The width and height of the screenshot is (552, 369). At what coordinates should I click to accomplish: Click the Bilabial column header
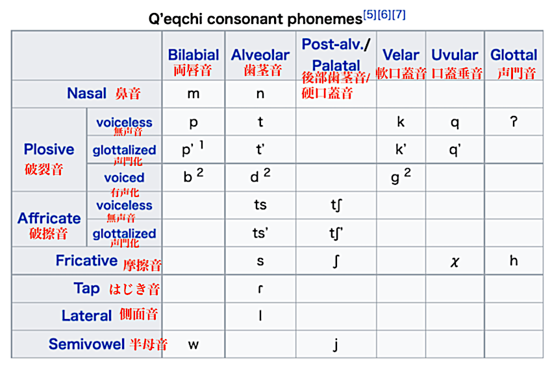pos(194,55)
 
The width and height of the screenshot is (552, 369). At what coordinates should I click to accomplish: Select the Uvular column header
pos(455,55)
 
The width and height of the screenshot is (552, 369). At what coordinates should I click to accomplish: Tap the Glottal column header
pos(514,55)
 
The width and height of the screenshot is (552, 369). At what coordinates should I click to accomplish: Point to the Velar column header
pos(401,55)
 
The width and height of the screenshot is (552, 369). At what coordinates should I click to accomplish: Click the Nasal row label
pos(86,93)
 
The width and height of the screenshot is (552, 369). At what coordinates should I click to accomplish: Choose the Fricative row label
pos(86,261)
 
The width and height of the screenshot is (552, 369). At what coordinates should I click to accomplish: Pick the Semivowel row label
pos(86,344)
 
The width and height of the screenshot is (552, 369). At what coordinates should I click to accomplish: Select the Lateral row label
pos(86,316)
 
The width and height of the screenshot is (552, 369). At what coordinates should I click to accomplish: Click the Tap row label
pos(86,288)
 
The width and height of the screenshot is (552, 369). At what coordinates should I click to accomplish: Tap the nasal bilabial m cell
pos(194,94)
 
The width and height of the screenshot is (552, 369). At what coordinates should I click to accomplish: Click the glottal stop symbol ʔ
pos(514,121)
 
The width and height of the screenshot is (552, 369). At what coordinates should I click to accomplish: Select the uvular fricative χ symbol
pos(455,262)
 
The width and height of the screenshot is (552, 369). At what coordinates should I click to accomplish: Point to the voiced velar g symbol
pos(395,178)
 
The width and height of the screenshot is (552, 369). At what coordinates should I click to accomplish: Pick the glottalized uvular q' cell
pos(455,150)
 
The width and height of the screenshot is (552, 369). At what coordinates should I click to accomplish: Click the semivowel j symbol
pos(336,344)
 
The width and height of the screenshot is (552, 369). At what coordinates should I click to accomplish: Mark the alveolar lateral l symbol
pos(260,315)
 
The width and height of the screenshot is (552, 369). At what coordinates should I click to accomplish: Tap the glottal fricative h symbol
pos(514,261)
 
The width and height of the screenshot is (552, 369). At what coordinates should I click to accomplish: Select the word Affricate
pos(49,219)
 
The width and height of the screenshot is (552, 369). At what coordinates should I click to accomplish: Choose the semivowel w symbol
pos(194,344)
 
